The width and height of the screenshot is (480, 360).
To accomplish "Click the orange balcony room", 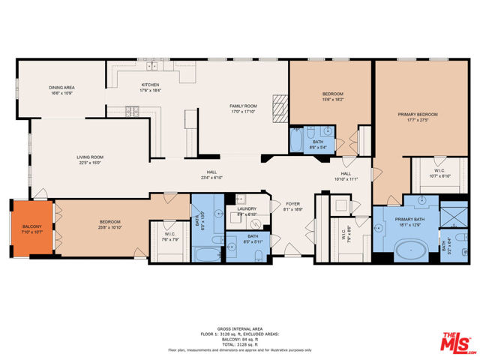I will (30, 229).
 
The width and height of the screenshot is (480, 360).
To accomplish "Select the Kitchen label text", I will (151, 87).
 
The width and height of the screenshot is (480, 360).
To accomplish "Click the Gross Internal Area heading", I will (239, 328).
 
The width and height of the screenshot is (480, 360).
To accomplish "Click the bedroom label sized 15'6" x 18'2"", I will (333, 97).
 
